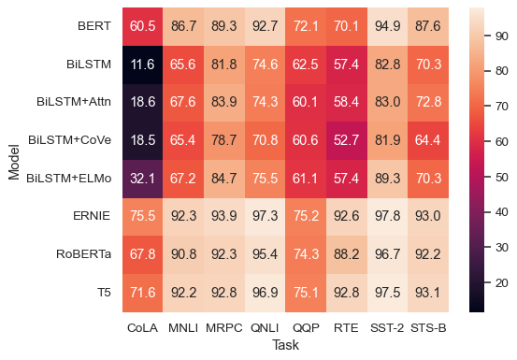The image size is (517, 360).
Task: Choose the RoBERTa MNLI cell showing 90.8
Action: click(x=182, y=253)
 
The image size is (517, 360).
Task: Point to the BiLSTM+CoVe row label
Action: click(x=71, y=139)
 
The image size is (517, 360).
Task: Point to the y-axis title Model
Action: click(x=14, y=159)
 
